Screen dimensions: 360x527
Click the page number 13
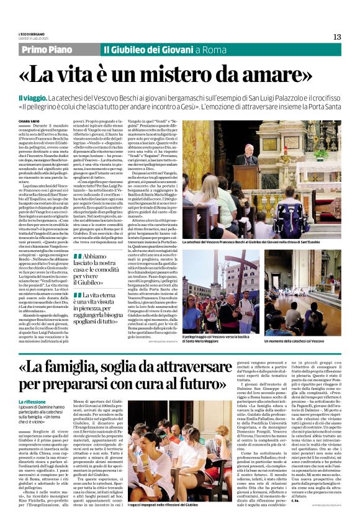pos(337,37)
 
